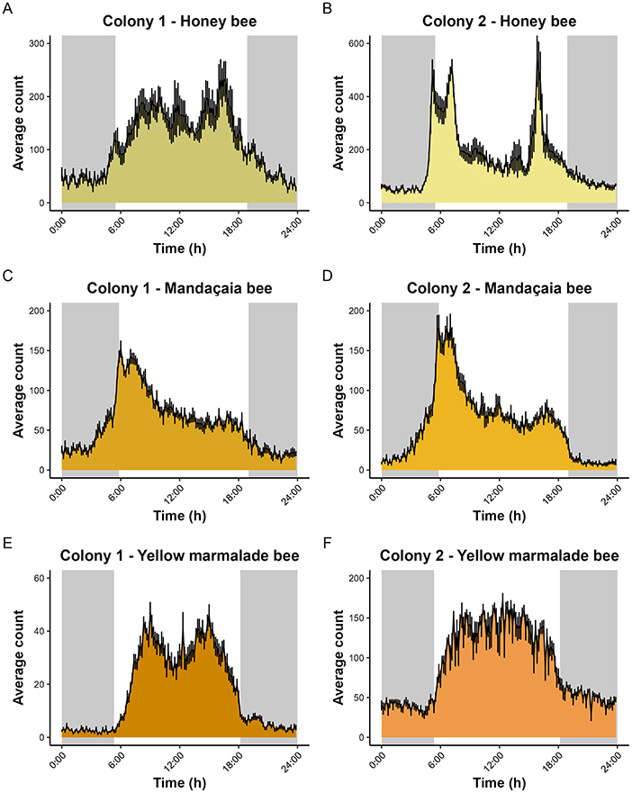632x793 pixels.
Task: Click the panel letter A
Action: coord(7,8)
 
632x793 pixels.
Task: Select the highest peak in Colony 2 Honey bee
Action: coord(537,38)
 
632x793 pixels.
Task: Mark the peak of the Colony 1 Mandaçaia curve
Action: coord(121,343)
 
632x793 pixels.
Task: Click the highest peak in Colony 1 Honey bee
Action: coord(222,61)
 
